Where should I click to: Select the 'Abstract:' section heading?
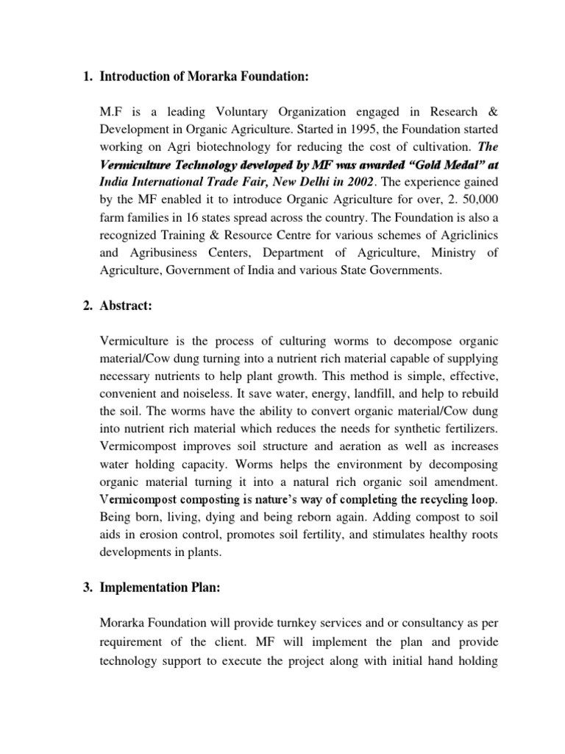(x=126, y=307)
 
